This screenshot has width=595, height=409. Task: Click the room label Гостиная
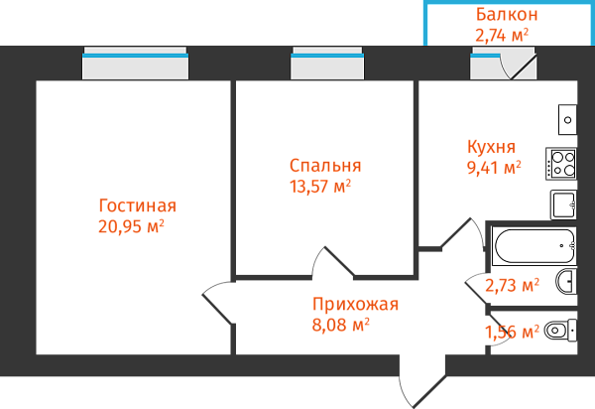(138, 205)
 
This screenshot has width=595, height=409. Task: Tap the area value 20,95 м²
(131, 227)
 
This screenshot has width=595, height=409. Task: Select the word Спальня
(325, 166)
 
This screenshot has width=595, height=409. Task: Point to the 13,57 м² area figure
(318, 186)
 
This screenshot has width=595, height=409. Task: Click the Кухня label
(491, 146)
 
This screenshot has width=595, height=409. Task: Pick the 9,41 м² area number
(494, 167)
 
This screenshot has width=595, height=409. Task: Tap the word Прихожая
(355, 304)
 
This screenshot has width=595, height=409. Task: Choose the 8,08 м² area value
(340, 323)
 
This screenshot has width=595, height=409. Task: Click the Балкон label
(507, 15)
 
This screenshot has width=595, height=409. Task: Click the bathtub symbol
(534, 244)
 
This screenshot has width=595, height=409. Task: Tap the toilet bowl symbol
(560, 330)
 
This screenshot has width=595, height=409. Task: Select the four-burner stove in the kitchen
(561, 163)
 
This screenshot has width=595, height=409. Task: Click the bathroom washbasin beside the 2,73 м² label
(565, 282)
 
